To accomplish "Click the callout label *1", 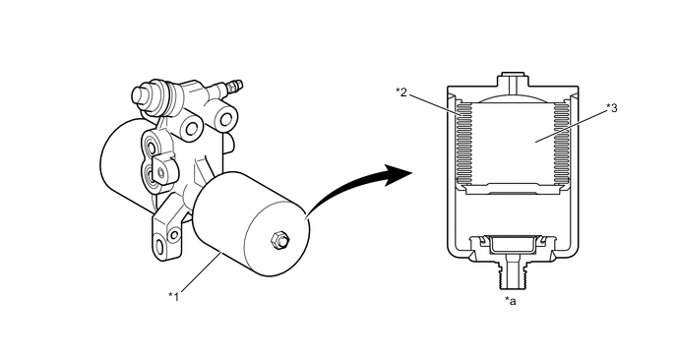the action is (173, 296).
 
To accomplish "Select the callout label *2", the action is (401, 91).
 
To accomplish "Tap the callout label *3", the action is (612, 108).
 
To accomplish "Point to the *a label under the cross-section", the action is (511, 301).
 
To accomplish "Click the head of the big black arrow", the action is (399, 174).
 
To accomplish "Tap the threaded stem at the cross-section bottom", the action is (513, 273).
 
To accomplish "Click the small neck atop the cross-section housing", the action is (513, 81).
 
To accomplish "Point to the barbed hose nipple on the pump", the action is (233, 87).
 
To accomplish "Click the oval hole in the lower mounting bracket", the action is (159, 247).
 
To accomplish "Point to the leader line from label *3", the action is (571, 126).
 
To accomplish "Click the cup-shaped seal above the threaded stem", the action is (513, 244).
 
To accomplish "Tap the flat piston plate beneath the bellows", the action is (513, 188).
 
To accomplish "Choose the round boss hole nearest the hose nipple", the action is (225, 118).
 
